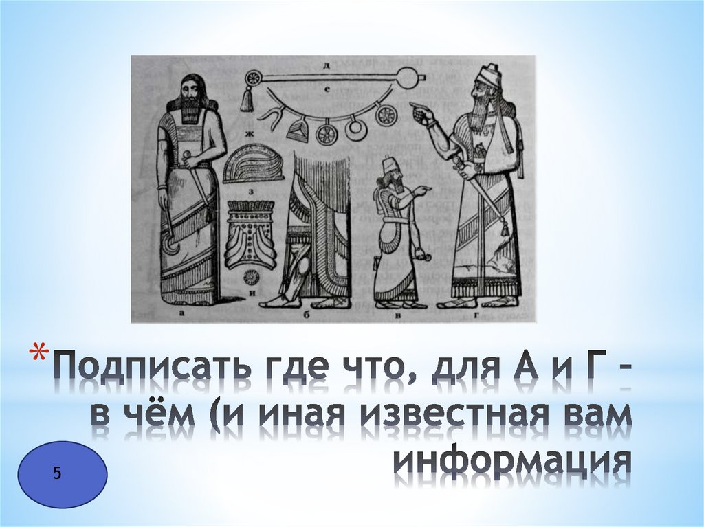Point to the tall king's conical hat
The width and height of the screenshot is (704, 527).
(x=490, y=75)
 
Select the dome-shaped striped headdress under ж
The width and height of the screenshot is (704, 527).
(x=253, y=163)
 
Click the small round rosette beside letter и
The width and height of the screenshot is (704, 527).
(x=252, y=276)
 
